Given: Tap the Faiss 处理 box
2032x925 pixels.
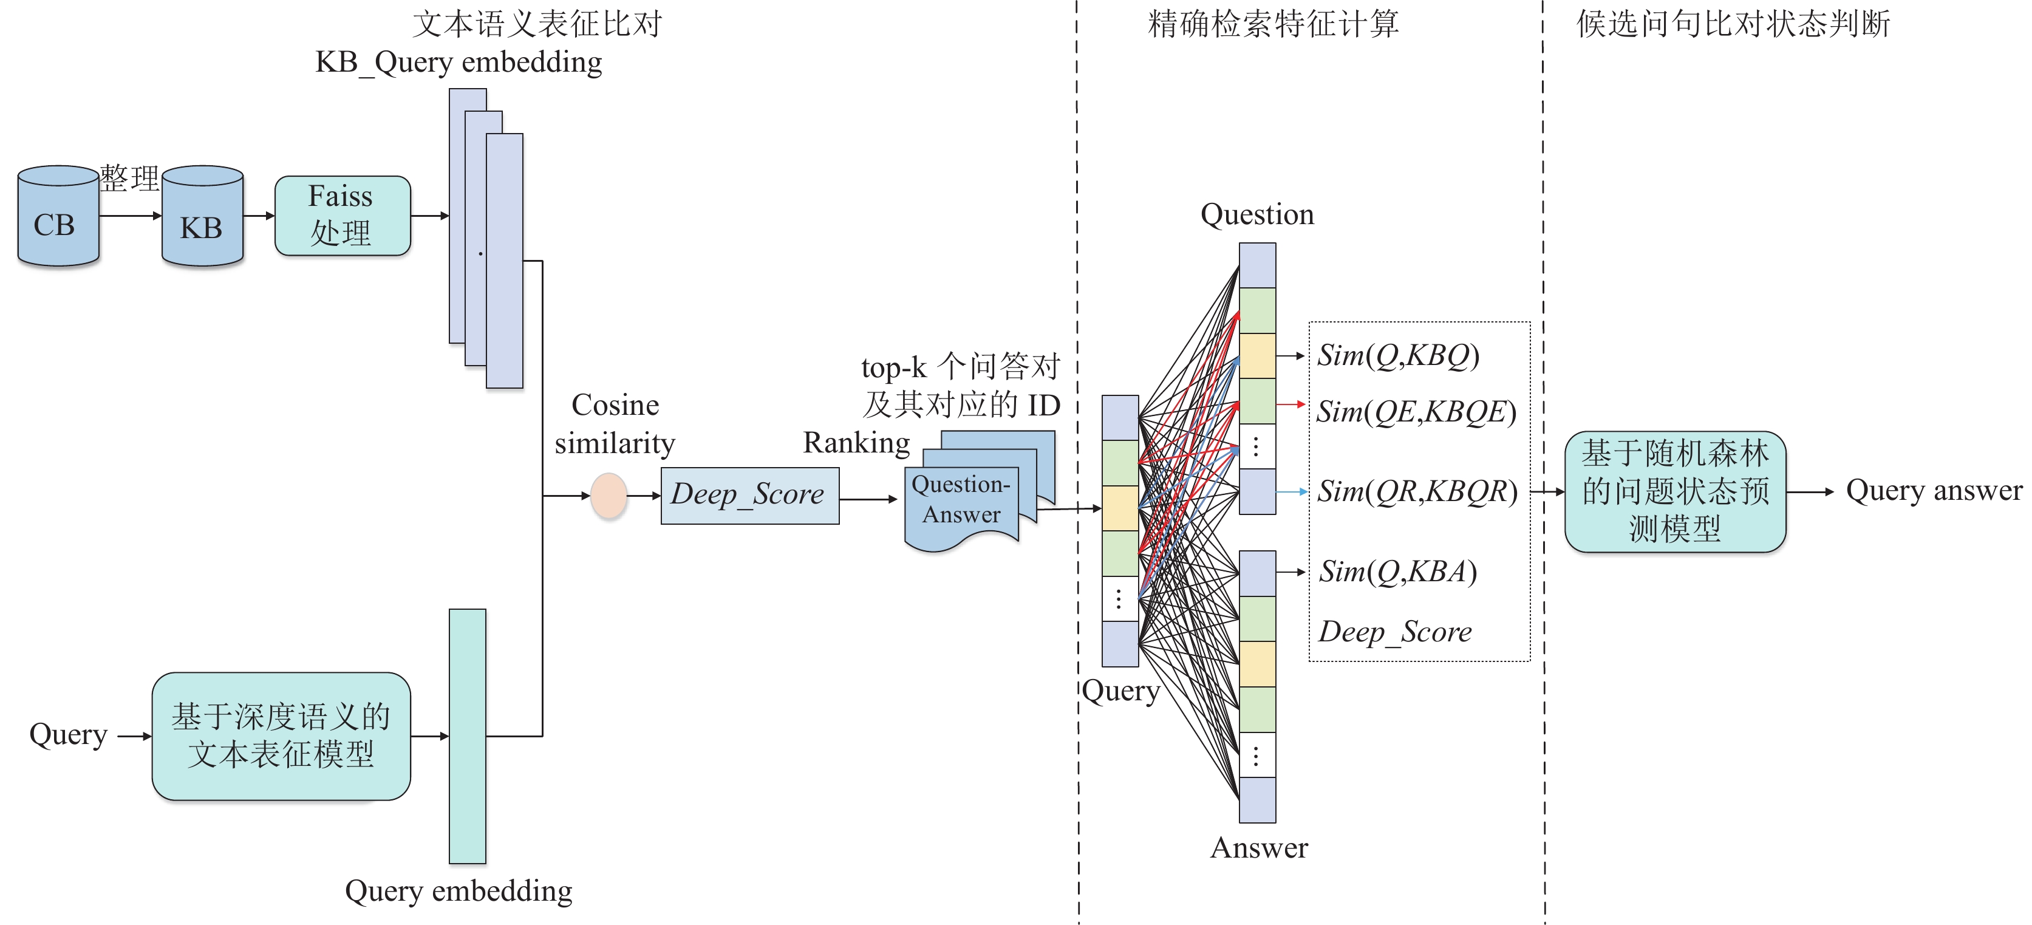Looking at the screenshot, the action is tap(343, 215).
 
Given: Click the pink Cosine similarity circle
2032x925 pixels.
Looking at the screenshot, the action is tap(609, 495).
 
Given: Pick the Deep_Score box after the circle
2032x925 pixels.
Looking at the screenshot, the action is tap(750, 495).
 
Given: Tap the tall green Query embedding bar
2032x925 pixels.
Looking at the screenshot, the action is tap(468, 736).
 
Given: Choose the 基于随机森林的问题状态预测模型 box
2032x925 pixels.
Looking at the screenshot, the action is tap(1676, 491).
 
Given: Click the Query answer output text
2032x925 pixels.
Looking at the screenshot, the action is tap(1934, 491).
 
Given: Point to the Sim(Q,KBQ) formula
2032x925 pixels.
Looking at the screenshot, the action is tap(1399, 356).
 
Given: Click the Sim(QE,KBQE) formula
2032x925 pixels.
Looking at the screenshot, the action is tap(1417, 412).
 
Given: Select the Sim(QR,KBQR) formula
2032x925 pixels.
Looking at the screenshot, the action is tap(1417, 491).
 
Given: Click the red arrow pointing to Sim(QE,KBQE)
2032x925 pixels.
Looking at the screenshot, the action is tap(1291, 404).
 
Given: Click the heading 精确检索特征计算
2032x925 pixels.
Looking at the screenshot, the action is tap(1273, 24).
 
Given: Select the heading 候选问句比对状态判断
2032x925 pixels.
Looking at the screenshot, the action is tap(1733, 24).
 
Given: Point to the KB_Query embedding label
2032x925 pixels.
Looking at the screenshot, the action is tap(459, 63).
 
